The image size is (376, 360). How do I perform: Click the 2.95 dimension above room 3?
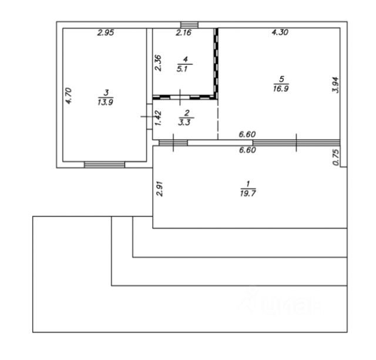tap(105, 33)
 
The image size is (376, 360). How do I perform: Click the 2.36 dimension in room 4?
tap(158, 63)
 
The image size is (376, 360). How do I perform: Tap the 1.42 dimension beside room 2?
tap(157, 118)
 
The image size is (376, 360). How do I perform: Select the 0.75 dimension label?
tap(335, 158)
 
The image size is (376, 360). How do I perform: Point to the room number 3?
tap(105, 92)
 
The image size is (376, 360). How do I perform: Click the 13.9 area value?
tap(105, 101)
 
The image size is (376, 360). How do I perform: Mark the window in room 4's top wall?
tap(189, 24)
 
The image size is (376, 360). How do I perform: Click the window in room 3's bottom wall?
tap(104, 164)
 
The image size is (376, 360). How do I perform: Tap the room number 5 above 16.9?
tap(282, 79)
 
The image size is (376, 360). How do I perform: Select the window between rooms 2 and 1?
tap(173, 142)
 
